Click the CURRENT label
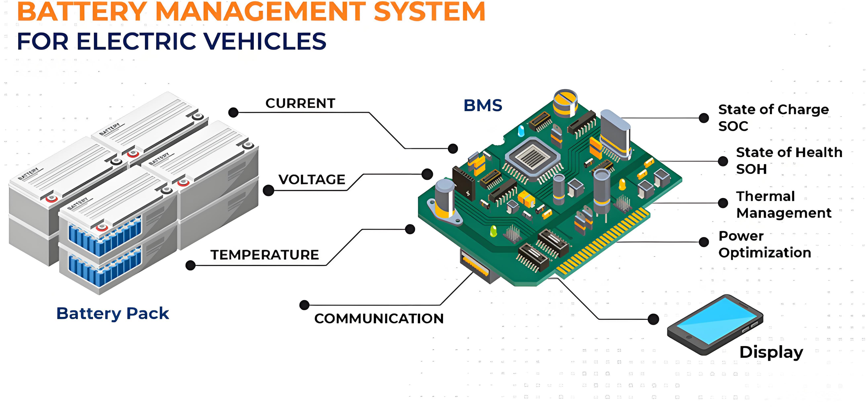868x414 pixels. (300, 103)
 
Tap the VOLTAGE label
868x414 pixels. (312, 179)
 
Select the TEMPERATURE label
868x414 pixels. (264, 255)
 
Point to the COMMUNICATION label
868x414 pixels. (379, 319)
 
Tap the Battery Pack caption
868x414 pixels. (113, 314)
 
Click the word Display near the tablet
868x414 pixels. (771, 352)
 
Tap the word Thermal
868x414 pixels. (765, 196)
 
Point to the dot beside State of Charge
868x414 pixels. (704, 118)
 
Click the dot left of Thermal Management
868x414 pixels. (723, 203)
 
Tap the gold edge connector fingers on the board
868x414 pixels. (603, 243)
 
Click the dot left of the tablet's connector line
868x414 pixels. (653, 319)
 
